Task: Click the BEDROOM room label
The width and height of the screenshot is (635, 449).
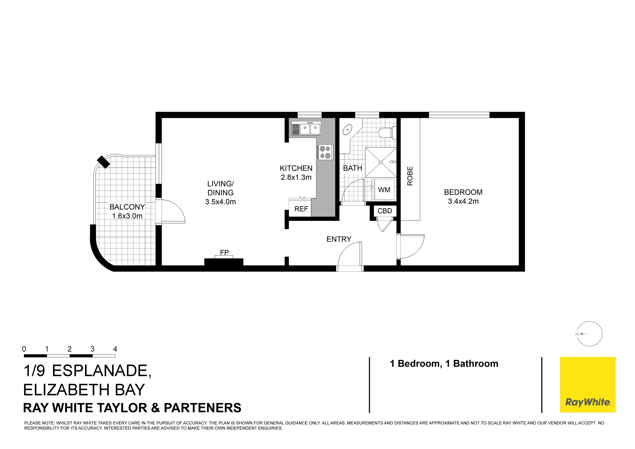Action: [x=463, y=192]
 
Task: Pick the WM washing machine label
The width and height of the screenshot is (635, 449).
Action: [x=384, y=190]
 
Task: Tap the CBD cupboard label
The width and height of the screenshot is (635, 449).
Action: [x=385, y=211]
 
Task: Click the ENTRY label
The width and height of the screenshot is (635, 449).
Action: [x=339, y=239]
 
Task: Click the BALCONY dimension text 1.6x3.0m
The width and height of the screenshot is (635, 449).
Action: [x=127, y=216]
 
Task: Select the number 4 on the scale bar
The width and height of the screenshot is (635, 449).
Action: [x=115, y=349]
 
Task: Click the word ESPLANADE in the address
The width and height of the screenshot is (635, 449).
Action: [x=102, y=371]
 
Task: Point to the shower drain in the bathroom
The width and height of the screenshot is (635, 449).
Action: [x=381, y=162]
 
